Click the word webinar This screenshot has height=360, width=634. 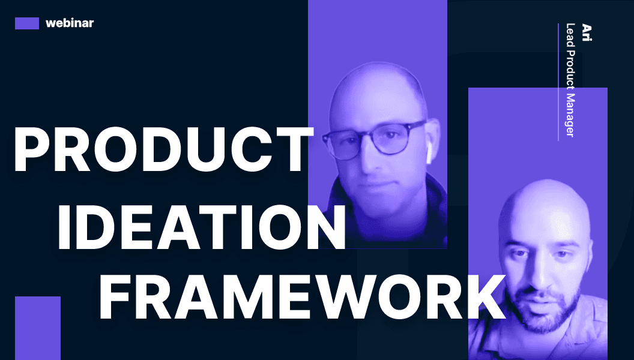coord(70,23)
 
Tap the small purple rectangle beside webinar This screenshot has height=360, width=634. coord(27,23)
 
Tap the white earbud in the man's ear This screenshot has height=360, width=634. coord(429,155)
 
